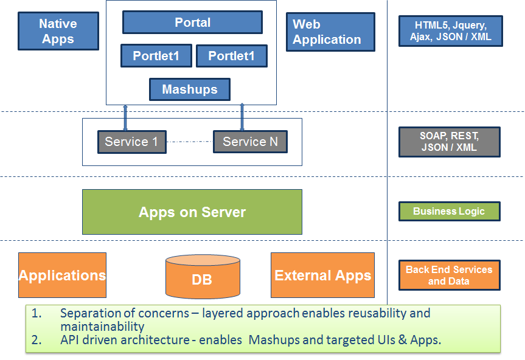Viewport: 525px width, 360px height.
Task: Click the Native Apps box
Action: point(58,31)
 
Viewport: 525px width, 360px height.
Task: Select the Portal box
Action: point(192,22)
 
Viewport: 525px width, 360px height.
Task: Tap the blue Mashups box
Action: point(190,89)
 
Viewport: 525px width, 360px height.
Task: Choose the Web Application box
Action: point(330,32)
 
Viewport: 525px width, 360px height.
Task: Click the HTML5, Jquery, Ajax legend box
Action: point(451,31)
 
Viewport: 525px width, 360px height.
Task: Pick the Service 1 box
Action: point(132,142)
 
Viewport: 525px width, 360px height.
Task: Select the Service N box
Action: point(251,142)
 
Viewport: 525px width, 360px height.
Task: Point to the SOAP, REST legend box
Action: point(450,142)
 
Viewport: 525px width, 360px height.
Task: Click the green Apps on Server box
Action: point(192,212)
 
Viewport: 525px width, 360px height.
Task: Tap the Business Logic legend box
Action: point(450,211)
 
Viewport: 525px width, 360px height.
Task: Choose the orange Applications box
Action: point(62,275)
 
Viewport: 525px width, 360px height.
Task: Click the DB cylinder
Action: point(203,276)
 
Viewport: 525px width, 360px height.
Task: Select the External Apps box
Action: point(323,275)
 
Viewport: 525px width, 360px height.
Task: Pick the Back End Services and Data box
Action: point(450,275)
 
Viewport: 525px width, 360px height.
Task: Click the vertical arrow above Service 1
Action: point(125,118)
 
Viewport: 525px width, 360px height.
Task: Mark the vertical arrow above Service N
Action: point(242,117)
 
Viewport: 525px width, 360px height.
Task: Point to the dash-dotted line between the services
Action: point(190,142)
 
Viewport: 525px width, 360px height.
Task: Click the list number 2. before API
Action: point(37,340)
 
